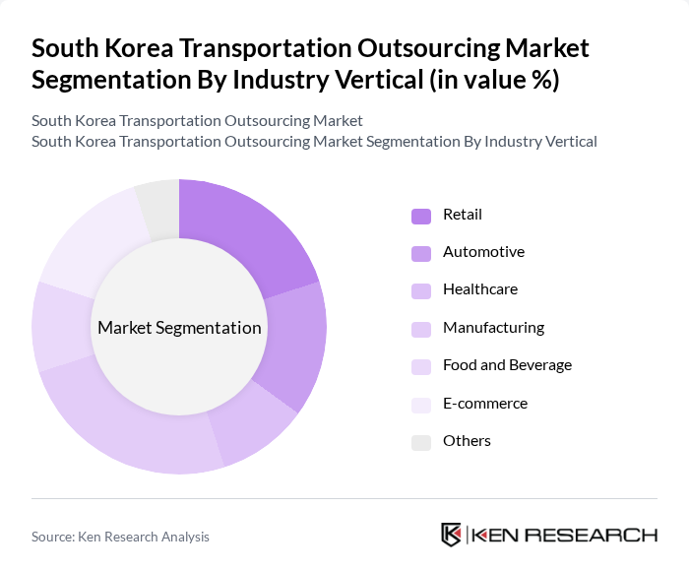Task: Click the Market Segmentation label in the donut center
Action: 179,328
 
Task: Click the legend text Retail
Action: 463,215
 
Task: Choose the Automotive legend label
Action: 483,252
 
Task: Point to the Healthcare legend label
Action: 479,289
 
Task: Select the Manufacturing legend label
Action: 493,328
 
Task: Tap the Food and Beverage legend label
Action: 507,365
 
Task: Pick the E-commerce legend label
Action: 485,404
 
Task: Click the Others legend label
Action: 467,441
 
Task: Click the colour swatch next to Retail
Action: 420,216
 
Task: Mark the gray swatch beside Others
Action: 420,442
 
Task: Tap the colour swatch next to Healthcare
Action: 420,290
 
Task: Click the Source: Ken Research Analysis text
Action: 120,537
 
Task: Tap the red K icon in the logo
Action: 451,536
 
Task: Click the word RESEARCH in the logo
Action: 599,536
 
